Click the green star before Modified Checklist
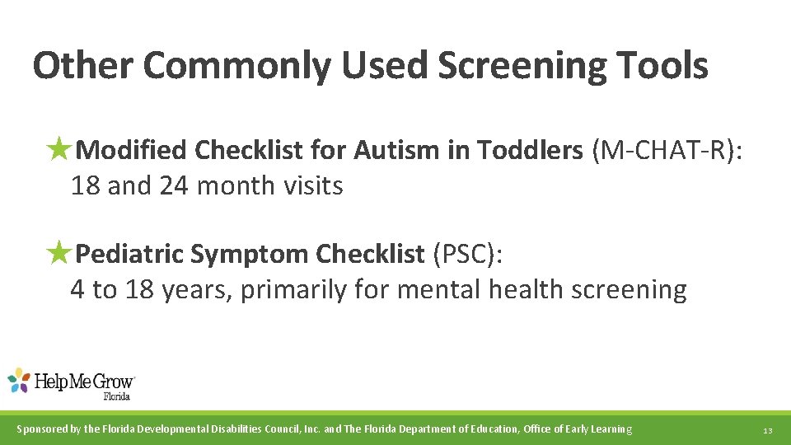tap(59, 150)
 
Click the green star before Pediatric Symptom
tap(59, 254)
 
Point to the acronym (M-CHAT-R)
tap(666, 150)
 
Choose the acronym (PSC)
tap(468, 255)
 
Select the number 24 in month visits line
tap(174, 186)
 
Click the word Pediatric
tap(129, 255)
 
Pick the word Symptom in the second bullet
tap(250, 255)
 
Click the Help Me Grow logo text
tap(85, 382)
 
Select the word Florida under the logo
tap(116, 396)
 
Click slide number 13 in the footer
tap(767, 430)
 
